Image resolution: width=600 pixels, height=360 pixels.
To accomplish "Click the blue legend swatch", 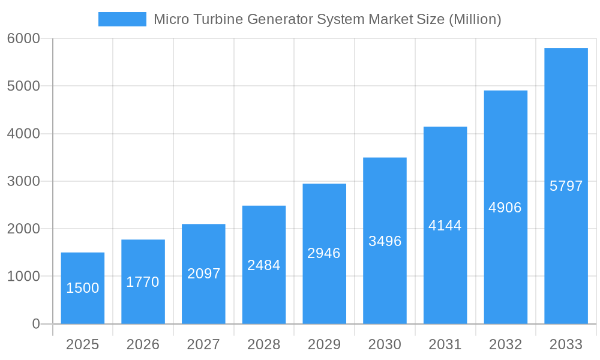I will pos(122,19).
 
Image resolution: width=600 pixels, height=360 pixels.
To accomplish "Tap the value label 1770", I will pos(143,282).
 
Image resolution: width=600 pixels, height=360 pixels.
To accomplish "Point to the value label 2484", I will pos(264,265).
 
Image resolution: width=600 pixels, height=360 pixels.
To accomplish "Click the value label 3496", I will pos(385,241).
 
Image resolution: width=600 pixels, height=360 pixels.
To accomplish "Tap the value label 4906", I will pos(505,208).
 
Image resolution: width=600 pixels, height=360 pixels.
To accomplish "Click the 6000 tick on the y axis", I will pos(23,38).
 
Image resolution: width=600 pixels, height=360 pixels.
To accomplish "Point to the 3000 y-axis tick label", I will pos(23,181).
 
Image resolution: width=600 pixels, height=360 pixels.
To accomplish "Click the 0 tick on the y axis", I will pos(35,324).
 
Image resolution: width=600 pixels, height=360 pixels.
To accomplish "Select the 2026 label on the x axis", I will pos(143,344).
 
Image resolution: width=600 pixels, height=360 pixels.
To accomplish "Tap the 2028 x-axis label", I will pos(264,344).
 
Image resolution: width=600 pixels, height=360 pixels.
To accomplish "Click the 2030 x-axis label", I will pos(385,344).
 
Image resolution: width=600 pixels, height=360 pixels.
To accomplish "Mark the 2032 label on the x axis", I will pos(505,344).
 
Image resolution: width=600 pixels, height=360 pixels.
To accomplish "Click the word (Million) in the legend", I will pos(475,19).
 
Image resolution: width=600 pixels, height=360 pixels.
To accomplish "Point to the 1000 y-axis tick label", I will pos(23,277).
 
